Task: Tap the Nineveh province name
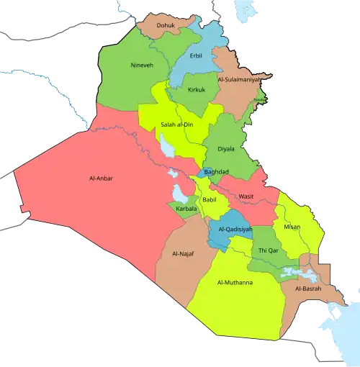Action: pyautogui.click(x=141, y=65)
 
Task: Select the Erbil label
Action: pyautogui.click(x=196, y=55)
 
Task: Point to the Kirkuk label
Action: pyautogui.click(x=196, y=90)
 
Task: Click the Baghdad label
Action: pyautogui.click(x=216, y=172)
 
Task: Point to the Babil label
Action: pyautogui.click(x=209, y=199)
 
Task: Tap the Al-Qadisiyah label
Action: pyautogui.click(x=233, y=230)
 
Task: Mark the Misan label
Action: pyautogui.click(x=292, y=226)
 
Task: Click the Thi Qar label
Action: pyautogui.click(x=268, y=250)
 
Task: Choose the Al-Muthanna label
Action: pyautogui.click(x=234, y=283)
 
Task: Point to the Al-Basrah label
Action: pyautogui.click(x=308, y=288)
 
